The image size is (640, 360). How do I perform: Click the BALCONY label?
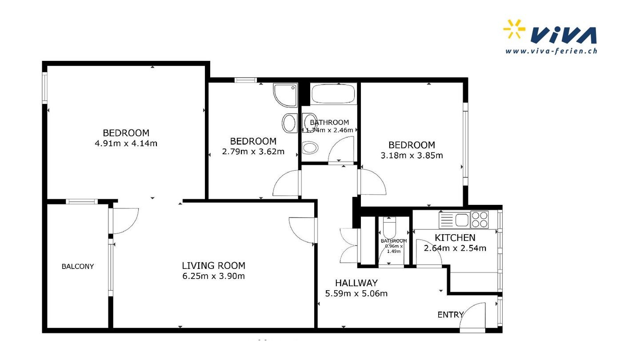(x=78, y=266)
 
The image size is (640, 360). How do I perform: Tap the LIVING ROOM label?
(x=214, y=266)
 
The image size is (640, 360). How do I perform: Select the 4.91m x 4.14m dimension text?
(x=126, y=143)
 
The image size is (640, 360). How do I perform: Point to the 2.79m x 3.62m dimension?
(x=253, y=152)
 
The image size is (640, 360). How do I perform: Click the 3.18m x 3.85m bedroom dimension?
(x=412, y=156)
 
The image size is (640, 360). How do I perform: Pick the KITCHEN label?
(x=455, y=238)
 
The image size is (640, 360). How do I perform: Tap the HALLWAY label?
(x=356, y=283)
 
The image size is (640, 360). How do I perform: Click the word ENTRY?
(x=450, y=315)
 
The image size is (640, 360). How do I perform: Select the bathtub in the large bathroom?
(x=333, y=94)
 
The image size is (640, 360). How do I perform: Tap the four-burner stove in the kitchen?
(x=480, y=220)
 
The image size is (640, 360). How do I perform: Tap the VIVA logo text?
(x=564, y=35)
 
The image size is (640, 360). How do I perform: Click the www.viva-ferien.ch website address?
(x=551, y=51)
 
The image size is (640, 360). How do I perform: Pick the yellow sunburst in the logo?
(x=514, y=28)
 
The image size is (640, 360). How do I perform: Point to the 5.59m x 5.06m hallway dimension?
(x=356, y=293)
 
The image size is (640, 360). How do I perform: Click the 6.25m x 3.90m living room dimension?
(x=214, y=276)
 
